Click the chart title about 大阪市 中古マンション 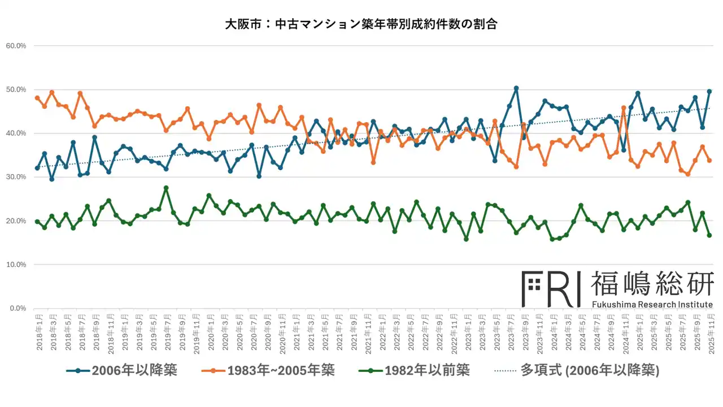[x=361, y=25]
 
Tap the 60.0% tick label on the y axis [x=16, y=46]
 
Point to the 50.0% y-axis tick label [x=16, y=89]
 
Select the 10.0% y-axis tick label [x=16, y=265]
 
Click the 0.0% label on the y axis [x=18, y=308]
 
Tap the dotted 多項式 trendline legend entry [x=577, y=371]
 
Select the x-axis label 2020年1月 [x=209, y=332]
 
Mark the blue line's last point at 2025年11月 [x=709, y=92]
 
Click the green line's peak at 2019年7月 [x=166, y=188]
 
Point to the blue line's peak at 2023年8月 [x=516, y=88]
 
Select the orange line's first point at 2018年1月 [x=37, y=98]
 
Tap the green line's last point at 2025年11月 [x=709, y=235]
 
